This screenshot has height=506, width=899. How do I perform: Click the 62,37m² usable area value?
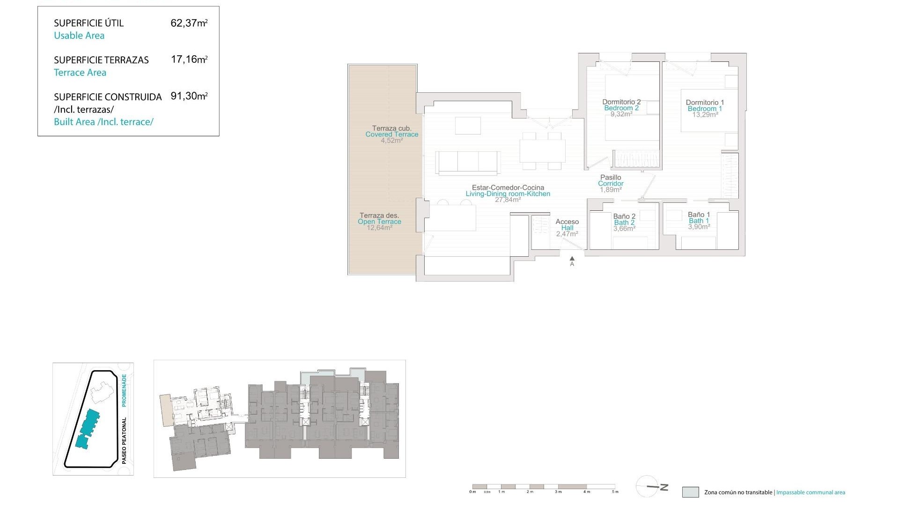pyautogui.click(x=189, y=23)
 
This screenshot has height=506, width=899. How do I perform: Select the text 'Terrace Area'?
pyautogui.click(x=80, y=73)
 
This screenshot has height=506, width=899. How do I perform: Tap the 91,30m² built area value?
pyautogui.click(x=189, y=97)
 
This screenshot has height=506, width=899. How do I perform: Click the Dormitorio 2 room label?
pyautogui.click(x=621, y=102)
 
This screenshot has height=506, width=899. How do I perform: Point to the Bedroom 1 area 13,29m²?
pyautogui.click(x=705, y=115)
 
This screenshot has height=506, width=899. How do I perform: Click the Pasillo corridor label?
pyautogui.click(x=611, y=178)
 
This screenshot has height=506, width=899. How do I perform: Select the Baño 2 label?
pyautogui.click(x=624, y=216)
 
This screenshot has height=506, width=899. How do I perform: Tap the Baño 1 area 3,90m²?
pyautogui.click(x=699, y=227)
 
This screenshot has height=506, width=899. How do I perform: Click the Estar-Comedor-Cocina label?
pyautogui.click(x=508, y=187)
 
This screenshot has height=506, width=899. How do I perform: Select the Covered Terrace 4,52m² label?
pyautogui.click(x=392, y=134)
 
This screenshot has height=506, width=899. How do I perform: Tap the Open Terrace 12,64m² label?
pyautogui.click(x=379, y=222)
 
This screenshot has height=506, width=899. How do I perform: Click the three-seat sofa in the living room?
pyautogui.click(x=468, y=162)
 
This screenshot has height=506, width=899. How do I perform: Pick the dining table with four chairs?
pyautogui.click(x=542, y=151)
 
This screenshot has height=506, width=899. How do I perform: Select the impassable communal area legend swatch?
pyautogui.click(x=690, y=492)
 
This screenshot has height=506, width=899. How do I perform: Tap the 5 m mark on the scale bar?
pyautogui.click(x=615, y=491)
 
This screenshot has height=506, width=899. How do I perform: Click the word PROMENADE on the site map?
pyautogui.click(x=124, y=390)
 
